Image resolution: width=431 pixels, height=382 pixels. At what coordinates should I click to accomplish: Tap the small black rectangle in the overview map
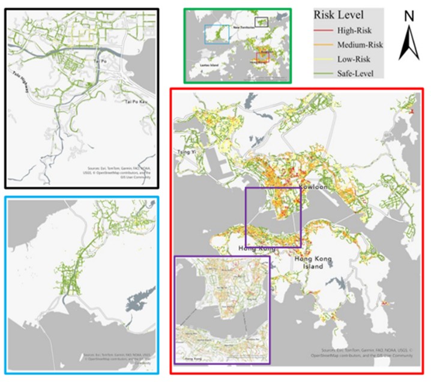(x=262, y=22)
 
